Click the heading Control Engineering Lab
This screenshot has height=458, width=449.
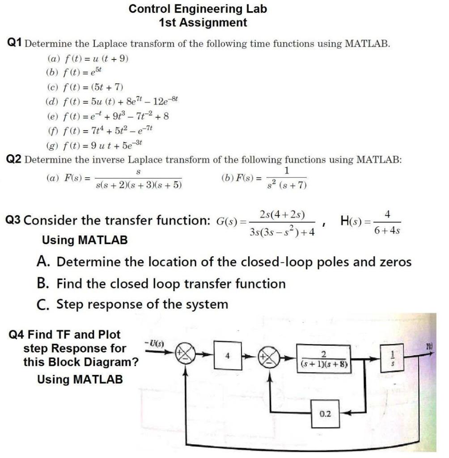tap(198, 9)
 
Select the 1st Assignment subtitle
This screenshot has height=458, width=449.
tap(203, 22)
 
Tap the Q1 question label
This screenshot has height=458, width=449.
tap(15, 43)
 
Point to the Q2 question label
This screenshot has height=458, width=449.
tap(15, 160)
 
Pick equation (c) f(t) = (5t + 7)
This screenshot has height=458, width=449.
tap(85, 87)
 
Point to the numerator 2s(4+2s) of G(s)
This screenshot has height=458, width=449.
tap(282, 214)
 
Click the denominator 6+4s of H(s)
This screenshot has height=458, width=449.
tap(387, 231)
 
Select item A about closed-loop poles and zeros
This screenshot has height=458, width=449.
tap(224, 262)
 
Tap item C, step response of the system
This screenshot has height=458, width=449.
tap(133, 305)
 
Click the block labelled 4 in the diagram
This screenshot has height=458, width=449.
tap(228, 356)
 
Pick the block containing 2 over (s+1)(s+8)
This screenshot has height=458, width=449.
tap(322, 358)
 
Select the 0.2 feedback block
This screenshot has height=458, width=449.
tap(325, 414)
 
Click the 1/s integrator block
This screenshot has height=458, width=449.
tap(393, 358)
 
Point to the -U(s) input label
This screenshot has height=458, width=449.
tap(155, 343)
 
